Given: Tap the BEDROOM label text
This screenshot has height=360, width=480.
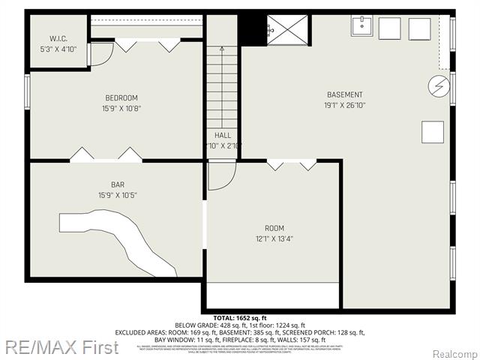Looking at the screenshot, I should click(x=121, y=97).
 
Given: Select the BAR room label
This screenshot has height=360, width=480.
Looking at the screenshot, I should click(x=117, y=184).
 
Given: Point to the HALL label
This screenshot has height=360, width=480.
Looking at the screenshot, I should click(x=222, y=135).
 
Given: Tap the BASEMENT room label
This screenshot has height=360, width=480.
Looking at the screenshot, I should click(x=344, y=94).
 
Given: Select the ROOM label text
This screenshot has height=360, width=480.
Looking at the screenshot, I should click(x=274, y=228).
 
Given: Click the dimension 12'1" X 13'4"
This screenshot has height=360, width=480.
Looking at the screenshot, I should click(x=274, y=239).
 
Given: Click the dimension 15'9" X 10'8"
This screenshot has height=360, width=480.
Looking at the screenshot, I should click(x=121, y=109).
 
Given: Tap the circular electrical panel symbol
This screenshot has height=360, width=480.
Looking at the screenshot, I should click(x=437, y=85).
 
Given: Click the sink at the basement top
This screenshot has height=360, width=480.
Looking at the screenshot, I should click(x=362, y=26).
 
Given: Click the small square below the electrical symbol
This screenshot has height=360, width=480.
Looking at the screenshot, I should click(x=432, y=132).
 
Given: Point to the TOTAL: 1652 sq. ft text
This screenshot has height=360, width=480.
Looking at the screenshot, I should click(x=239, y=318).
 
